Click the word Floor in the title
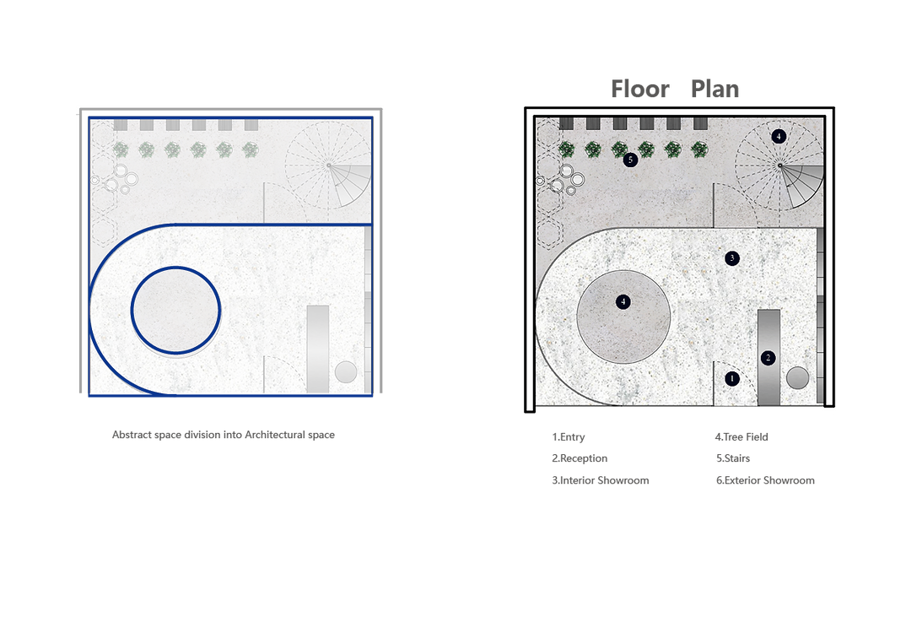coord(639,89)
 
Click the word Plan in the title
coord(715,89)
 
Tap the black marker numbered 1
coord(732,379)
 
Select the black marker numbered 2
coord(768,358)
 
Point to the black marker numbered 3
coord(732,258)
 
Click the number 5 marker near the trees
coord(630,160)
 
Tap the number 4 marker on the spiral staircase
coord(779,137)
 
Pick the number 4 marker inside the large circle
coord(623,301)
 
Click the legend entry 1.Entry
coord(568,437)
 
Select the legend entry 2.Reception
coord(580,458)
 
